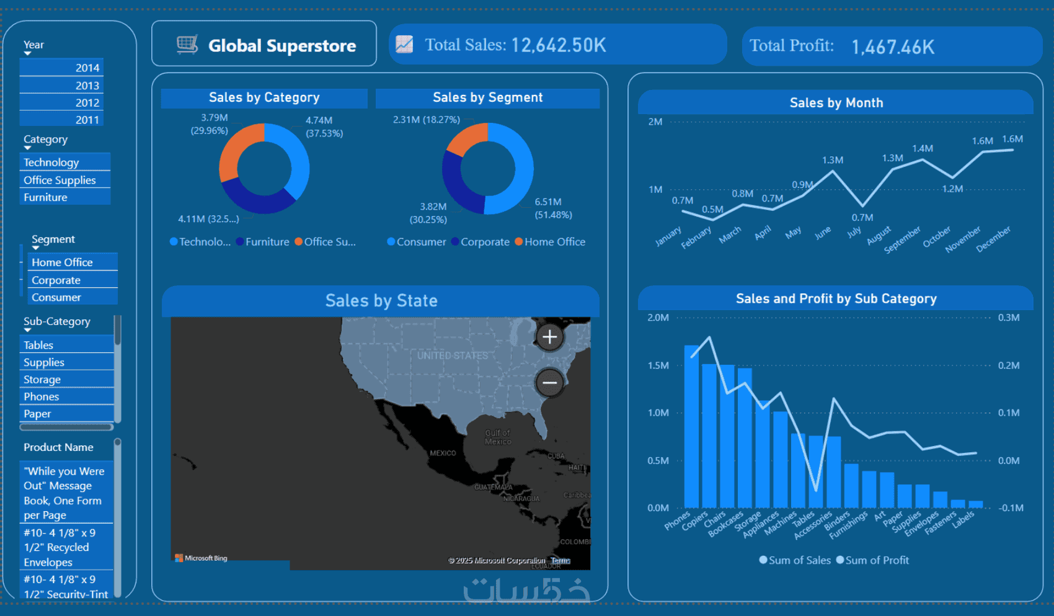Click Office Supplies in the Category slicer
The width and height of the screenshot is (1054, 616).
[60, 180]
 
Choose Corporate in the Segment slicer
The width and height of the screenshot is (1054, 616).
[56, 280]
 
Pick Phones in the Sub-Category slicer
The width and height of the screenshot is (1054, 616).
[42, 396]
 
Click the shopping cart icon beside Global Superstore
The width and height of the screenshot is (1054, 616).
[187, 45]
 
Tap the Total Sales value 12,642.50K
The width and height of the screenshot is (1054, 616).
[558, 45]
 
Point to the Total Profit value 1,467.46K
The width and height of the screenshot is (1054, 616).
[892, 47]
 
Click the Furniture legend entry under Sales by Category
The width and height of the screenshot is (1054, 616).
[267, 242]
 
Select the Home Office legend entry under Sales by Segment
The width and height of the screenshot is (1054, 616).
[554, 242]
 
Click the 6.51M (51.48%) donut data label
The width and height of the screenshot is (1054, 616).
[552, 208]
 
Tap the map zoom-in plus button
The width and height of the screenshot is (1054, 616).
[549, 337]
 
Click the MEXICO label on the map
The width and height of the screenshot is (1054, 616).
[443, 453]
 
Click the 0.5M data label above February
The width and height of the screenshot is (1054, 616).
[712, 209]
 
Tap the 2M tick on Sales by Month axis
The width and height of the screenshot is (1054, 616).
[655, 122]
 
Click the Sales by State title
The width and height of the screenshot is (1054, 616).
[381, 301]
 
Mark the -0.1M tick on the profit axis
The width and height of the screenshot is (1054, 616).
[1011, 507]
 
